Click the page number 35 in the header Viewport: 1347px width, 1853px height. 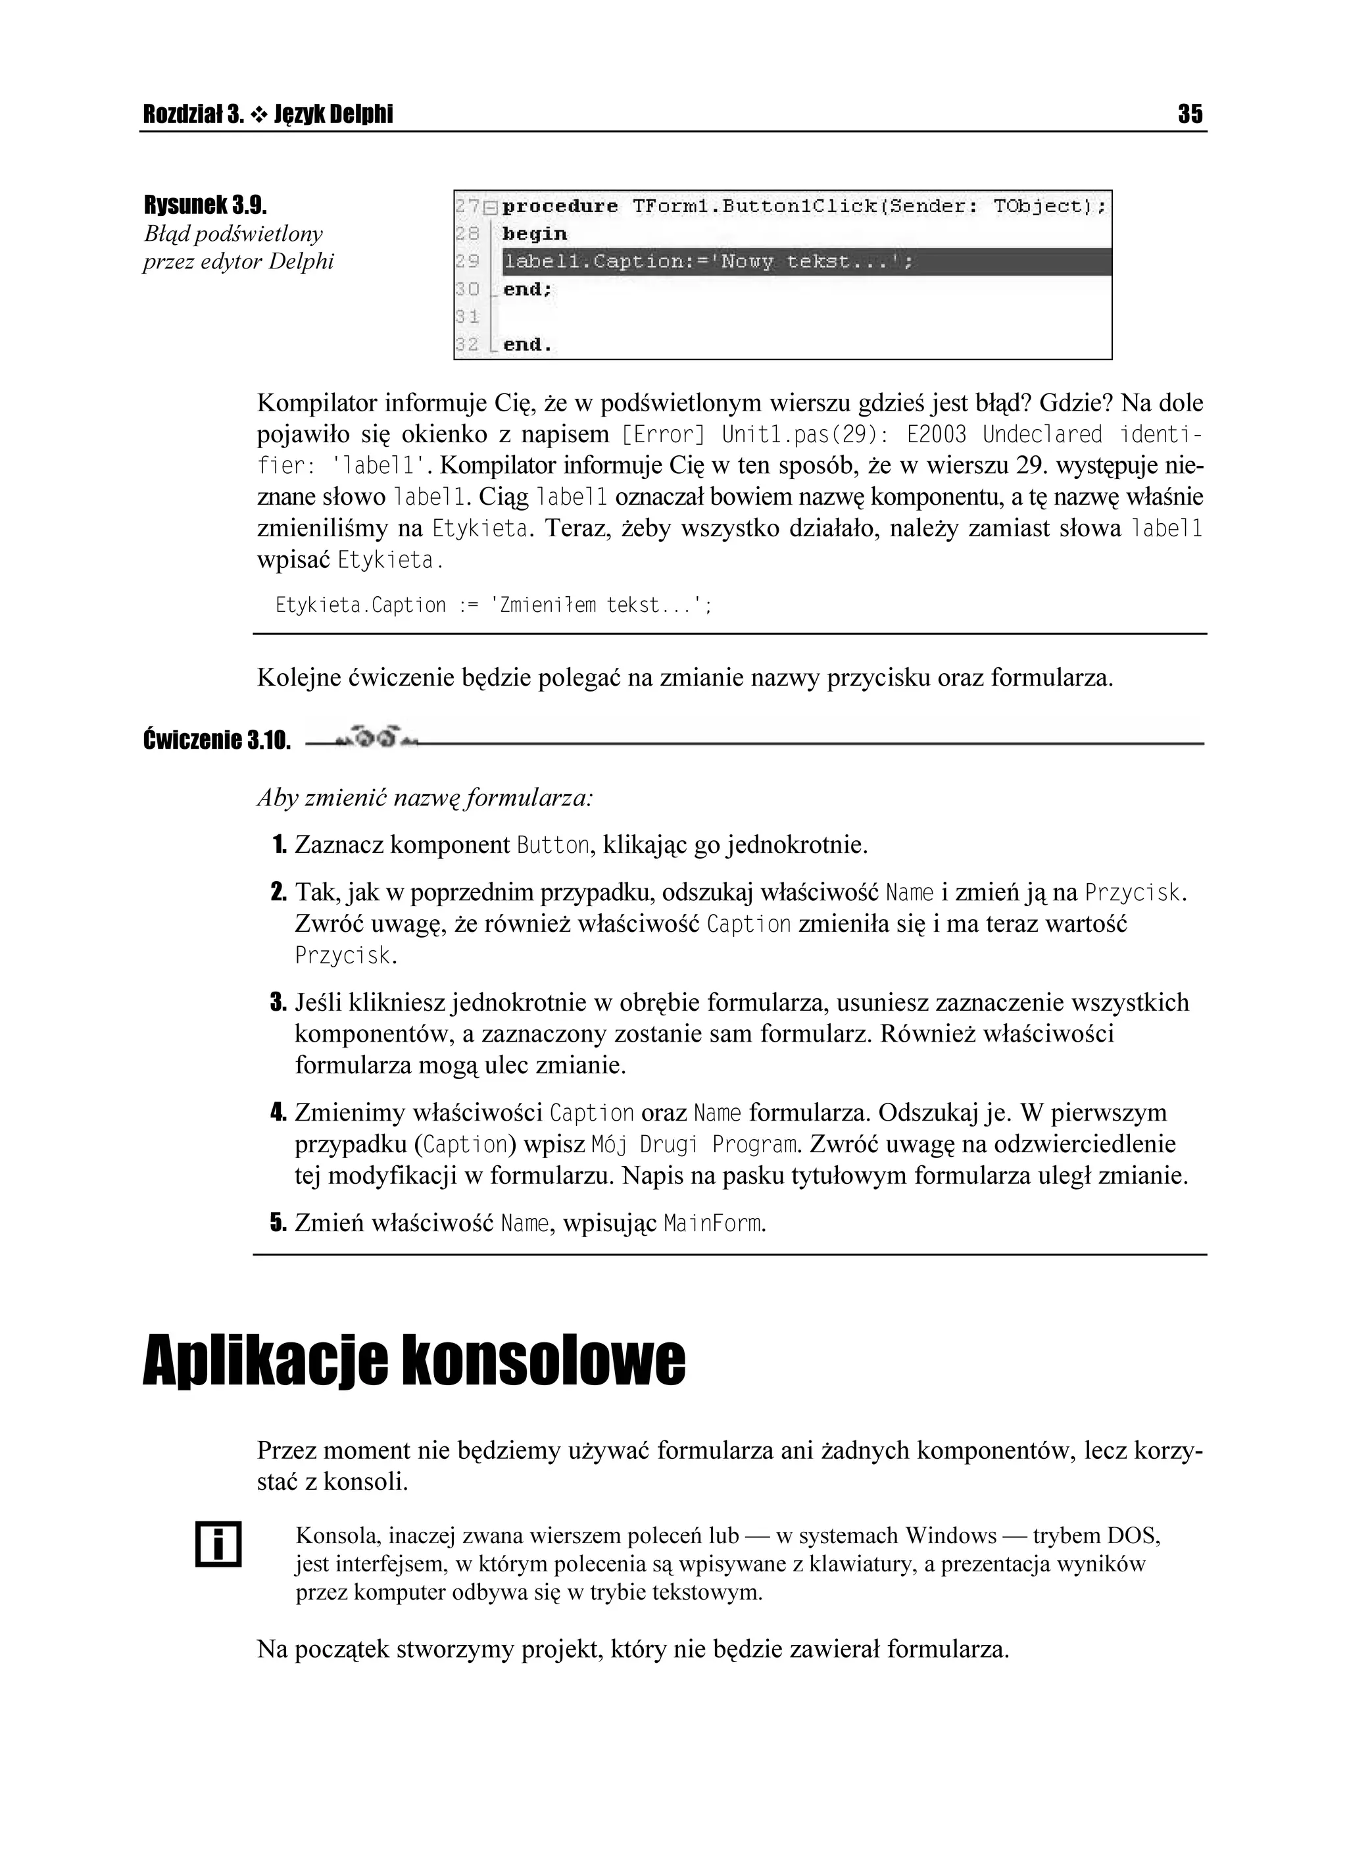(x=1190, y=114)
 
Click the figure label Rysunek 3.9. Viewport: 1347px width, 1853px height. (x=206, y=203)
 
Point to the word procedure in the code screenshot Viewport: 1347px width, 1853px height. (x=560, y=207)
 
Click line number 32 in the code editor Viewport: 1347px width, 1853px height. (x=466, y=345)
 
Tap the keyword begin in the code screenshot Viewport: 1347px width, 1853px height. (x=534, y=234)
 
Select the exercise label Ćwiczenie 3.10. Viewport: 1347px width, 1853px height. (x=216, y=741)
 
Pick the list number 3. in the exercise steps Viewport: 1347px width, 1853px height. (x=278, y=1002)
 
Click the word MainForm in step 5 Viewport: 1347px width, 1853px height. (x=713, y=1224)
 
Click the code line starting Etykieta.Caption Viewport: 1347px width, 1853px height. (x=493, y=605)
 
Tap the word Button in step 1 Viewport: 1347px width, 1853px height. (x=553, y=845)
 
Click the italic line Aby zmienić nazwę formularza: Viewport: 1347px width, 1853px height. (x=425, y=798)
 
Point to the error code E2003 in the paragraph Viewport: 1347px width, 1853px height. (x=936, y=435)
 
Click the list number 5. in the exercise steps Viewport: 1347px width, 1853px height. (x=278, y=1224)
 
